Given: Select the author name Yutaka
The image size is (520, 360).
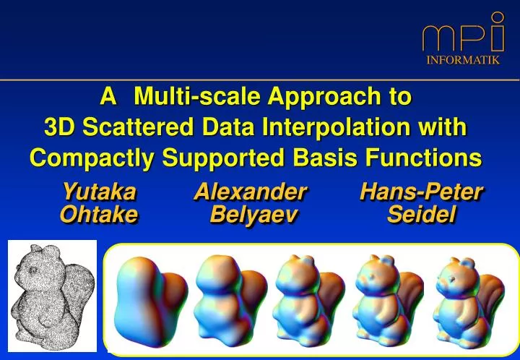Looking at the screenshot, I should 99,192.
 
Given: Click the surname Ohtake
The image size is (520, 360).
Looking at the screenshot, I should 99,215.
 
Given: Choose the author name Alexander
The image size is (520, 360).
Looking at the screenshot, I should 251,192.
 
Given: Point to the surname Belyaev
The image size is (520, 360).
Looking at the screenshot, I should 253,215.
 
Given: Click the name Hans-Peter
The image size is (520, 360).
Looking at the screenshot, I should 421,192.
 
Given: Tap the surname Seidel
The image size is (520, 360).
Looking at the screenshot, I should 421,215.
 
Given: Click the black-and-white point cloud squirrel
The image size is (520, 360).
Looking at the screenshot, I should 51,295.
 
